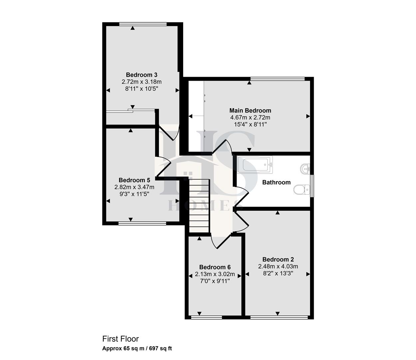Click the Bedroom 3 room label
coord(142,75)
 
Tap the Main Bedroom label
coord(250,110)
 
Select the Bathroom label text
coord(276,182)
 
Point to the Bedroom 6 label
coord(215,267)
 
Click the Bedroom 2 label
coord(278,259)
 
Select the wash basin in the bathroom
coord(305,169)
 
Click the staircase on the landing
coord(199,205)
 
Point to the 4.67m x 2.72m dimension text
coord(250,117)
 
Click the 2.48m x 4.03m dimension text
coord(278,266)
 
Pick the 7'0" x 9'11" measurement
coord(215,281)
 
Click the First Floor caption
coord(120,339)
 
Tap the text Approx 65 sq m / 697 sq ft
coord(137,349)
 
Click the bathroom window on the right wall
coord(312,185)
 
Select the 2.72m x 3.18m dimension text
coord(142,82)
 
